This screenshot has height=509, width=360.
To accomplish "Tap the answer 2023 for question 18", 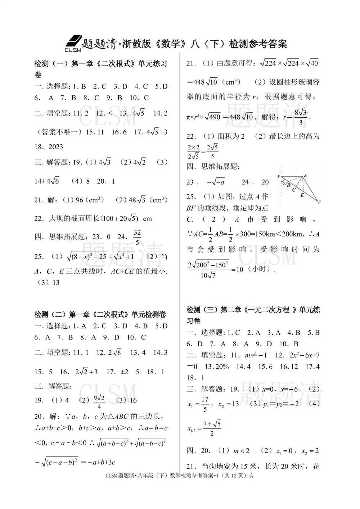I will point(55,147).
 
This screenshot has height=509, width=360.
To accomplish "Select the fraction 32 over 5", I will point(137,237).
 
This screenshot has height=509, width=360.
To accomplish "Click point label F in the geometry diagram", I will point(319,202).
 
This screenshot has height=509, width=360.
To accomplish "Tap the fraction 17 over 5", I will point(205,404).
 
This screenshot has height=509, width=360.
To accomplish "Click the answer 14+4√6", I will point(47,181).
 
